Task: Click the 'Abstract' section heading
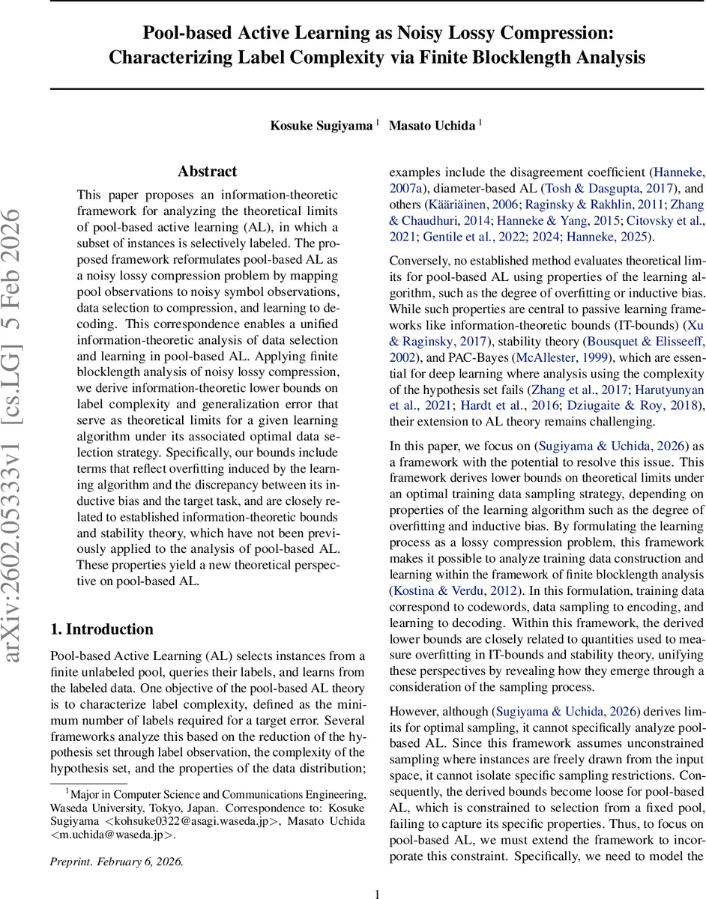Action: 207,172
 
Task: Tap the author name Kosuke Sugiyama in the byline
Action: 321,126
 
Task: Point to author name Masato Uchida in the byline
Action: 432,126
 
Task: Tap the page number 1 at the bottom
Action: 378,873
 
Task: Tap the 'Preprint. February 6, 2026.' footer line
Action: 116,861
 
